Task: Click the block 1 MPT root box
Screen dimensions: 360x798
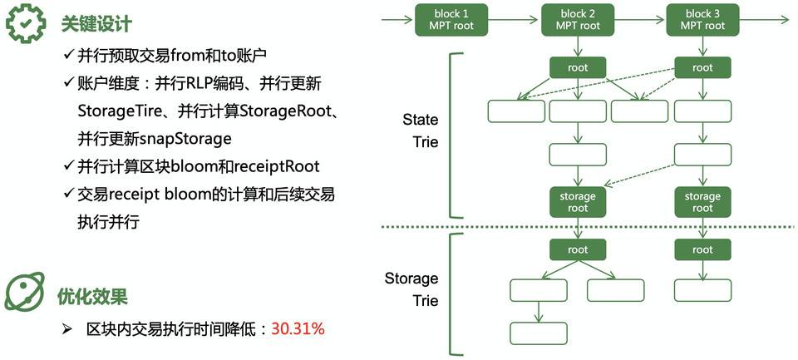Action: point(451,19)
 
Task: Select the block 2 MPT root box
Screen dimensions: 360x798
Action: point(578,19)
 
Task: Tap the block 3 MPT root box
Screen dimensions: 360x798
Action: point(702,19)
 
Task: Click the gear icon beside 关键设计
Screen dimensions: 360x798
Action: point(24,22)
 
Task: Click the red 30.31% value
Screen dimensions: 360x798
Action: point(298,329)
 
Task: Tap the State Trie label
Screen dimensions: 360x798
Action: point(420,131)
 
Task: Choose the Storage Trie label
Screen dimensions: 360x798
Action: point(411,288)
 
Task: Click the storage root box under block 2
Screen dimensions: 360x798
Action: point(578,202)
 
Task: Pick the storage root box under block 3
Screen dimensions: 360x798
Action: point(702,202)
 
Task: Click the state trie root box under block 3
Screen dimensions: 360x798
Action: point(702,67)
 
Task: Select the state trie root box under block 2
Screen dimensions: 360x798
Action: point(578,67)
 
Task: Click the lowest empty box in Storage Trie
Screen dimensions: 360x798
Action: point(538,332)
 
